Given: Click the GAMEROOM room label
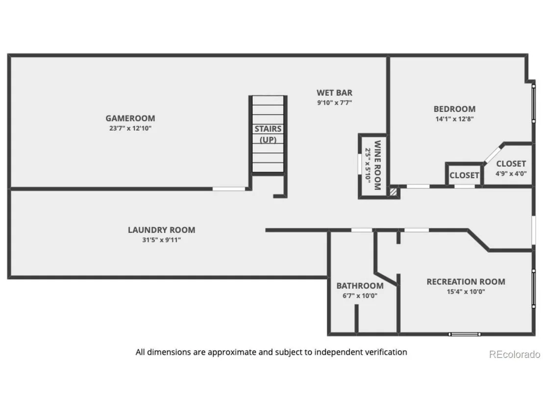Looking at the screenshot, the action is pyautogui.click(x=130, y=119).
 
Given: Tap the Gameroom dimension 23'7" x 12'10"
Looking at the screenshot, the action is pyautogui.click(x=130, y=128).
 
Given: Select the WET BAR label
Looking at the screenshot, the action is pyautogui.click(x=335, y=93).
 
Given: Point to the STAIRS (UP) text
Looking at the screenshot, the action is pyautogui.click(x=268, y=134).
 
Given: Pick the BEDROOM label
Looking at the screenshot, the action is pyautogui.click(x=454, y=109).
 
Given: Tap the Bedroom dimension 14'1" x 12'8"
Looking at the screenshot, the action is pyautogui.click(x=454, y=119).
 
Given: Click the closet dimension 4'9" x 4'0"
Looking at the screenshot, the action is pyautogui.click(x=511, y=174).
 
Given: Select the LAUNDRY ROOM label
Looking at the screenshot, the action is pyautogui.click(x=161, y=230).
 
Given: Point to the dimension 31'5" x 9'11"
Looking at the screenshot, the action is pyautogui.click(x=161, y=240).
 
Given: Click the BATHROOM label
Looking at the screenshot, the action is pyautogui.click(x=360, y=286).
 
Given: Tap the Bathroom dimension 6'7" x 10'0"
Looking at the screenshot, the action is pyautogui.click(x=360, y=296).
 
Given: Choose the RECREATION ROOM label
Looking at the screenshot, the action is pyautogui.click(x=466, y=282).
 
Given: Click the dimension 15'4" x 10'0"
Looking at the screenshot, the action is pyautogui.click(x=466, y=292).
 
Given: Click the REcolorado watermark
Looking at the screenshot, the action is pyautogui.click(x=515, y=355).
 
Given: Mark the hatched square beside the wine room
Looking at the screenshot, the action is pyautogui.click(x=394, y=192).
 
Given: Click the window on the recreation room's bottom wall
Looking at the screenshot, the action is pyautogui.click(x=465, y=335).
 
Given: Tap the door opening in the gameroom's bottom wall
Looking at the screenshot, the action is pyautogui.click(x=228, y=189).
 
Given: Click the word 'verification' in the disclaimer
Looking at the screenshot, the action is pyautogui.click(x=385, y=352).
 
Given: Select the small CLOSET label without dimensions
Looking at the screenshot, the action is pyautogui.click(x=465, y=175).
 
